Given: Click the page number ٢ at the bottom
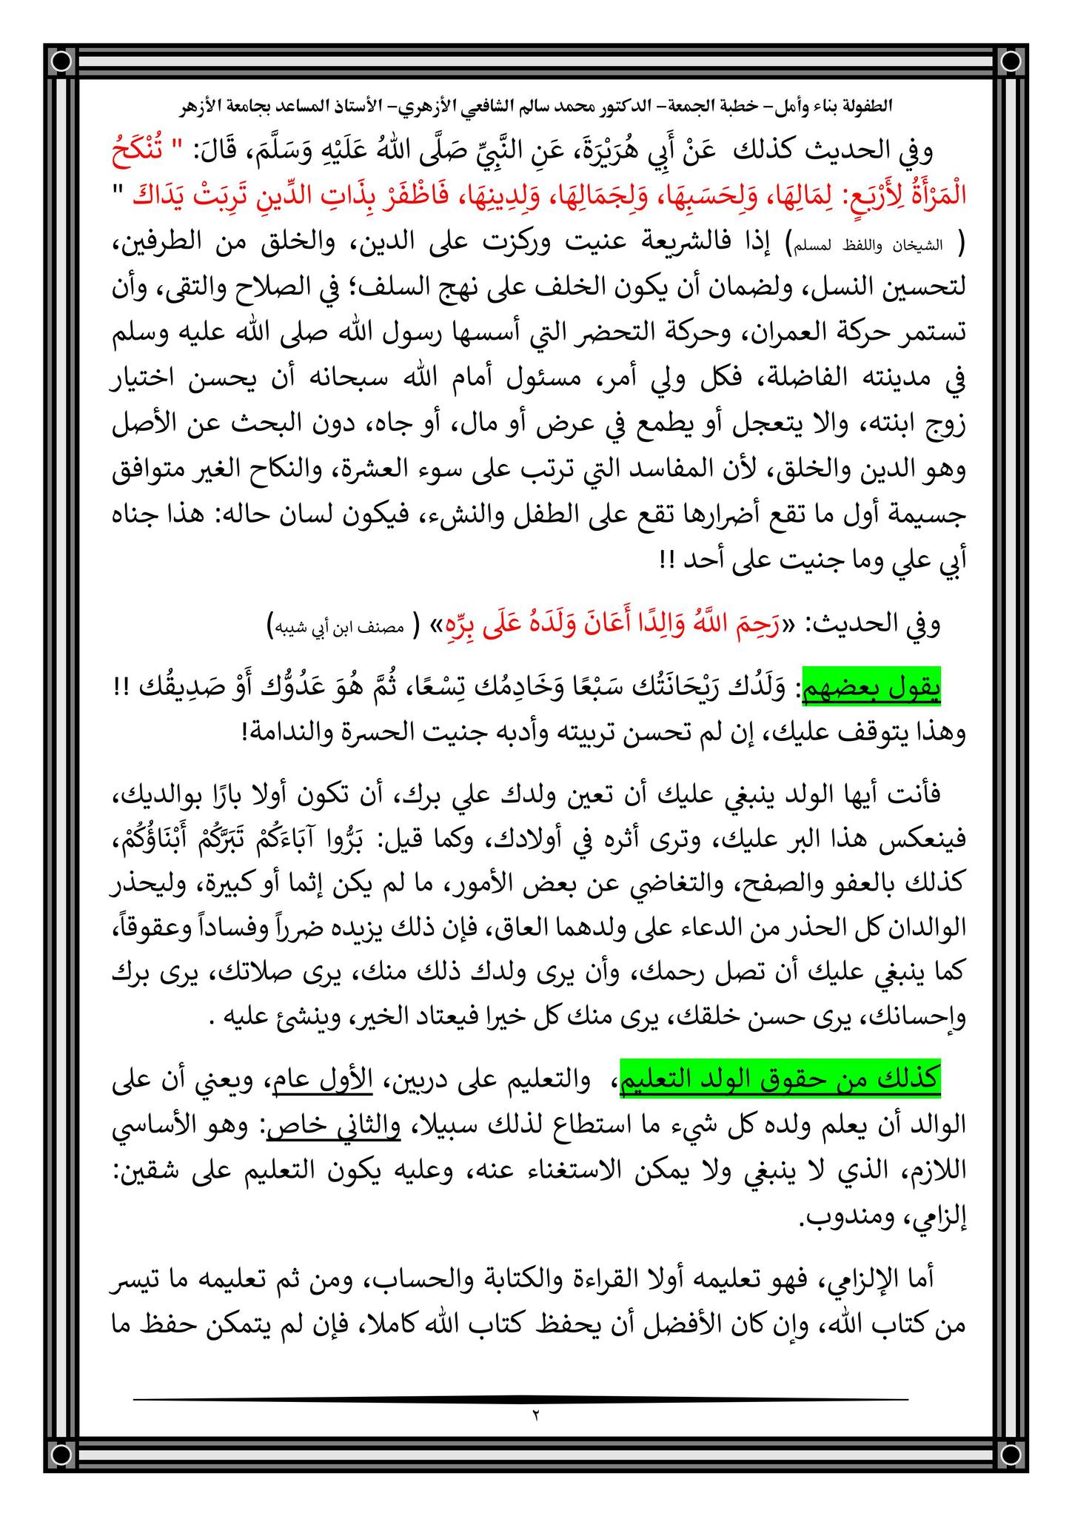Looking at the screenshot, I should coord(535,1415).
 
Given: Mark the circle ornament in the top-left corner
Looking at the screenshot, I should coord(62,60).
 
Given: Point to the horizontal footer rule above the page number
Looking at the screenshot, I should coord(522,1398).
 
